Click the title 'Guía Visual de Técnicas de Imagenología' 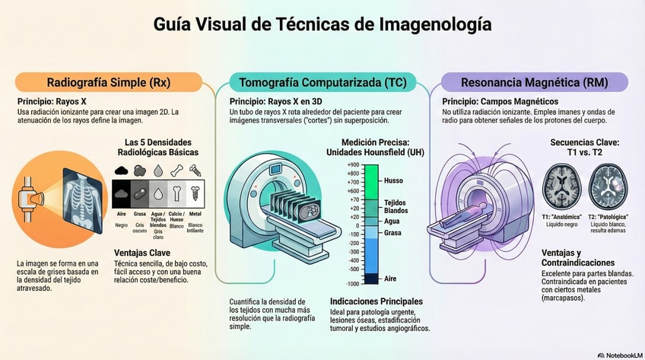pos(322,24)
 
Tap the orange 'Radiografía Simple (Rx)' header pos(108,82)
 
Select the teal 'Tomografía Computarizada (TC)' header pos(322,82)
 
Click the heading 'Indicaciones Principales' pos(377,301)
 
